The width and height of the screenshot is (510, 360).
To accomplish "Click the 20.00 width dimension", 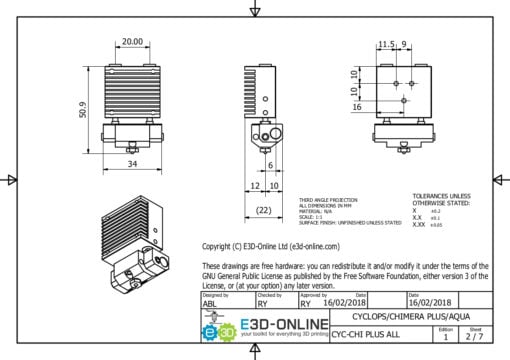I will point(131,42).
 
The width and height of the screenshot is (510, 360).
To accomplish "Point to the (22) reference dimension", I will point(262,210).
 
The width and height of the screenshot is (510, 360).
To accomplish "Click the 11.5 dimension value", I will point(386,43).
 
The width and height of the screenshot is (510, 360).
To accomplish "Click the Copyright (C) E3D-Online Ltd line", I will point(271,245).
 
